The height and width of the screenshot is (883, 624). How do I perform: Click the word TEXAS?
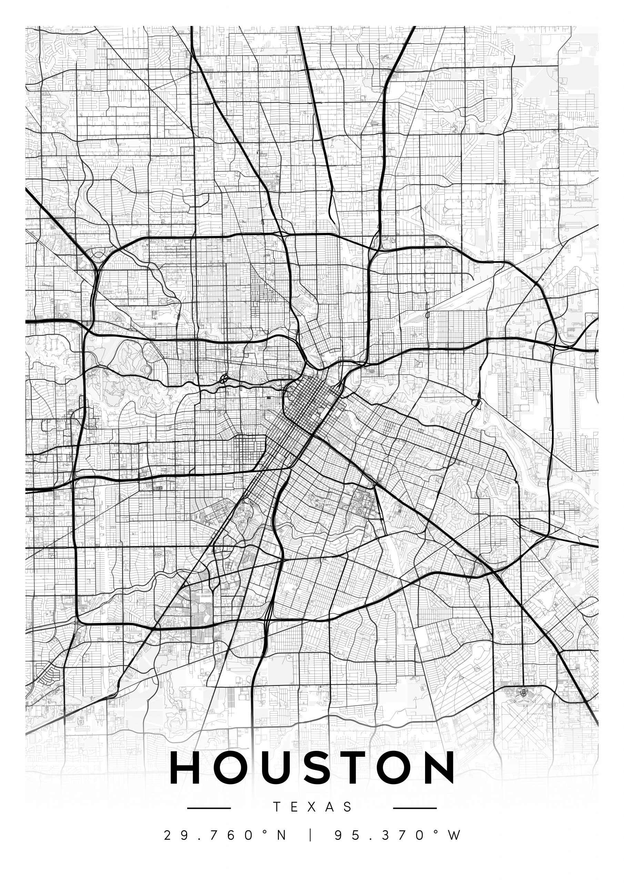pyautogui.click(x=312, y=807)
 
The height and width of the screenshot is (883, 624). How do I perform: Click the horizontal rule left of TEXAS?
pyautogui.click(x=209, y=808)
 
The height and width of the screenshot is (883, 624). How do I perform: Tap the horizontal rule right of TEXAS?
pyautogui.click(x=415, y=808)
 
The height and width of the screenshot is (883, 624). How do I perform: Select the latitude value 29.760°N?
pyautogui.click(x=225, y=835)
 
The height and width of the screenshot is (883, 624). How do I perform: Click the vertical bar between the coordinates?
pyautogui.click(x=311, y=835)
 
